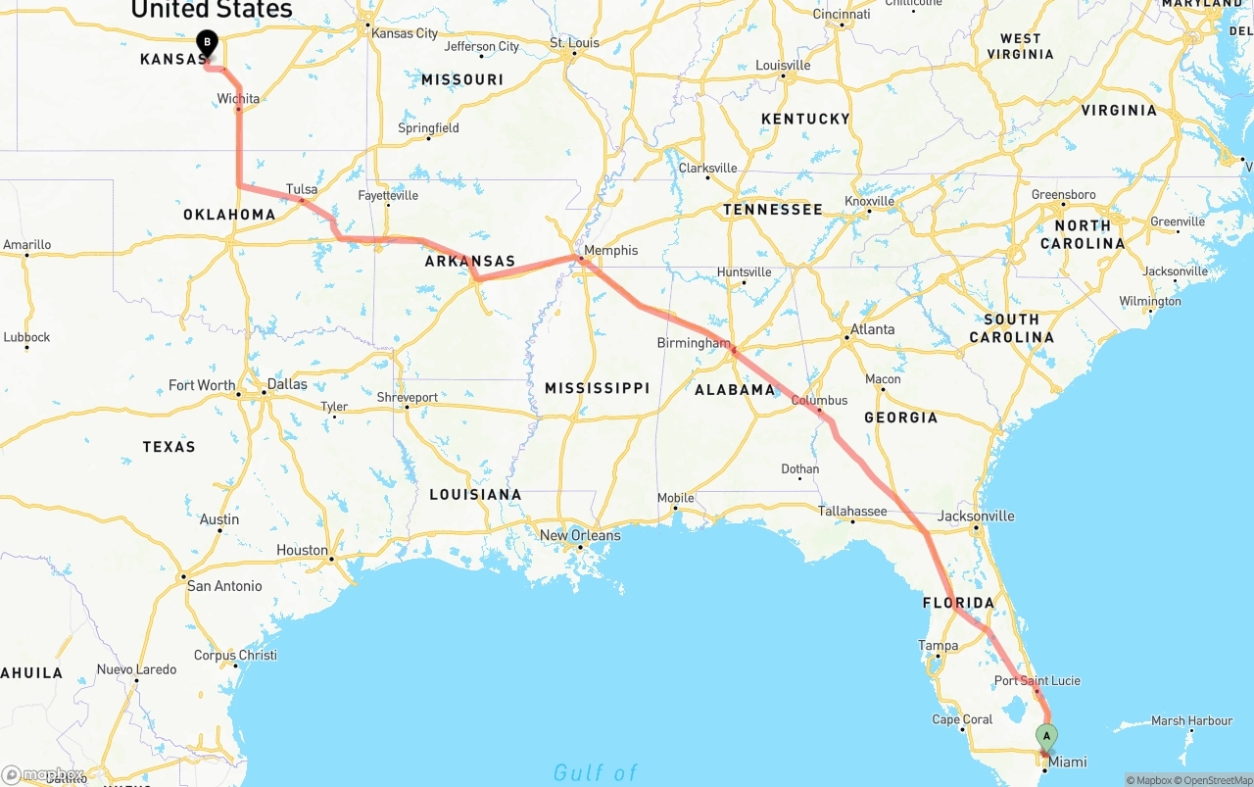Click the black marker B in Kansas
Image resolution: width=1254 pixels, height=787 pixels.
point(207,42)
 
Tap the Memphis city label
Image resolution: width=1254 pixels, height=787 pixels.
point(610,251)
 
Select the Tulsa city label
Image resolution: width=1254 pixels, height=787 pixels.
point(302,189)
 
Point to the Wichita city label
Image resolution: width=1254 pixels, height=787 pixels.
point(239,99)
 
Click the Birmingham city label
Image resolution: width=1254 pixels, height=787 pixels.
point(694,343)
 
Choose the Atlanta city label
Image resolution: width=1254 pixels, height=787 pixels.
point(872,329)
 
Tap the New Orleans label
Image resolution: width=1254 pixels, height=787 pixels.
point(580,536)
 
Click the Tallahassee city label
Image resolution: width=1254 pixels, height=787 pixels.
point(853,512)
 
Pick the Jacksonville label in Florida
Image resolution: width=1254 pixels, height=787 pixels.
point(976,516)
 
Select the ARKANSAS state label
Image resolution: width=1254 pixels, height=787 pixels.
point(469,262)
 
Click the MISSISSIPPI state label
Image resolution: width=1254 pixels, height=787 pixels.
point(598,388)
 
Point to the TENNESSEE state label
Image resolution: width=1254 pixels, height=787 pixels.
point(773,210)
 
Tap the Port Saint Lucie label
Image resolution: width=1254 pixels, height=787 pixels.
point(1037,681)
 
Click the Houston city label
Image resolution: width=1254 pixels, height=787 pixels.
point(303,551)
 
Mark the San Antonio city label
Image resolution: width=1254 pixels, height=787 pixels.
point(224,586)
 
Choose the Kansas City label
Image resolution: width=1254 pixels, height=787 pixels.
point(405,33)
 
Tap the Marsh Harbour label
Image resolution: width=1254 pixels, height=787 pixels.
point(1191,721)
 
